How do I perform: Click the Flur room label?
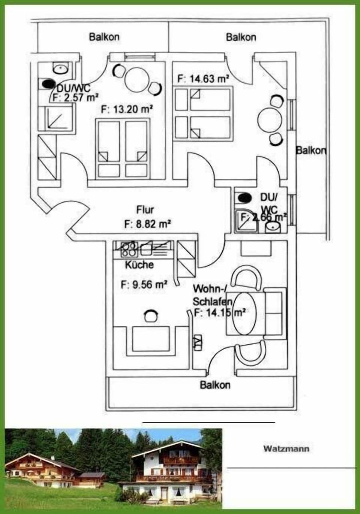[145, 209]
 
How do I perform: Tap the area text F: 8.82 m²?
[147, 224]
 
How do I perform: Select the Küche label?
[139, 264]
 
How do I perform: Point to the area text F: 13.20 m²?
[127, 109]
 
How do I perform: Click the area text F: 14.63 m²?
[202, 79]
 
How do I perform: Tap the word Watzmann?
[286, 448]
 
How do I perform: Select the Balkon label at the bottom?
[215, 385]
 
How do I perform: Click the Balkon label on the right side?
[311, 150]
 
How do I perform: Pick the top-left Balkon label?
[104, 37]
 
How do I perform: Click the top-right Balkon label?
[241, 37]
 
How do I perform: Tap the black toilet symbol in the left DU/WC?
[48, 84]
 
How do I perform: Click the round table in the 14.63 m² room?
[269, 120]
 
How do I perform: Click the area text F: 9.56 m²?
[144, 284]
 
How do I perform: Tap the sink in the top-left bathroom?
[60, 69]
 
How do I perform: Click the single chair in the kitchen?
[150, 316]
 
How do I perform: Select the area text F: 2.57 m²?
[75, 98]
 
